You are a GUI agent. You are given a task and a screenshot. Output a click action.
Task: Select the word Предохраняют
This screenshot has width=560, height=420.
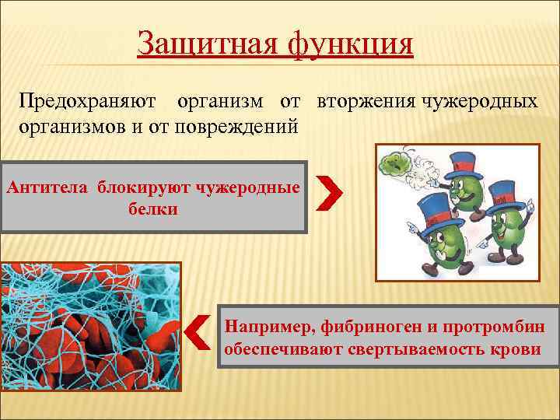pyautogui.click(x=86, y=103)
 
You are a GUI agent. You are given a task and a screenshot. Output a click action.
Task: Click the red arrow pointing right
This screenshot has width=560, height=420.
pyautogui.click(x=329, y=192)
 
